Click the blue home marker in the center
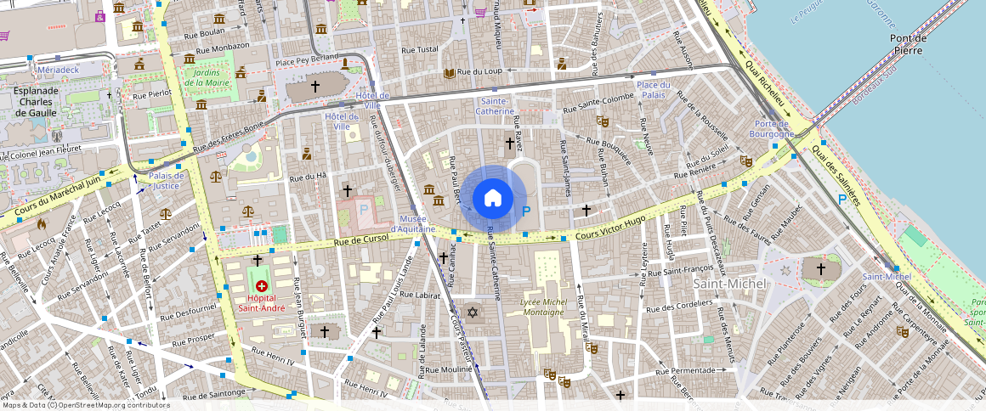492,199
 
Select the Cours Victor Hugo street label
611,228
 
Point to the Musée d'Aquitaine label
413,223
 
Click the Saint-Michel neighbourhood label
730,283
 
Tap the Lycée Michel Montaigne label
543,307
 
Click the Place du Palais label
654,90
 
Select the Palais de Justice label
166,180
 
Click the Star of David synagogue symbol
474,312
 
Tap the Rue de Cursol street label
361,240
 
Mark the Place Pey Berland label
305,62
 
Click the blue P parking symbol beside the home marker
526,211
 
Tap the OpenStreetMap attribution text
85,405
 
